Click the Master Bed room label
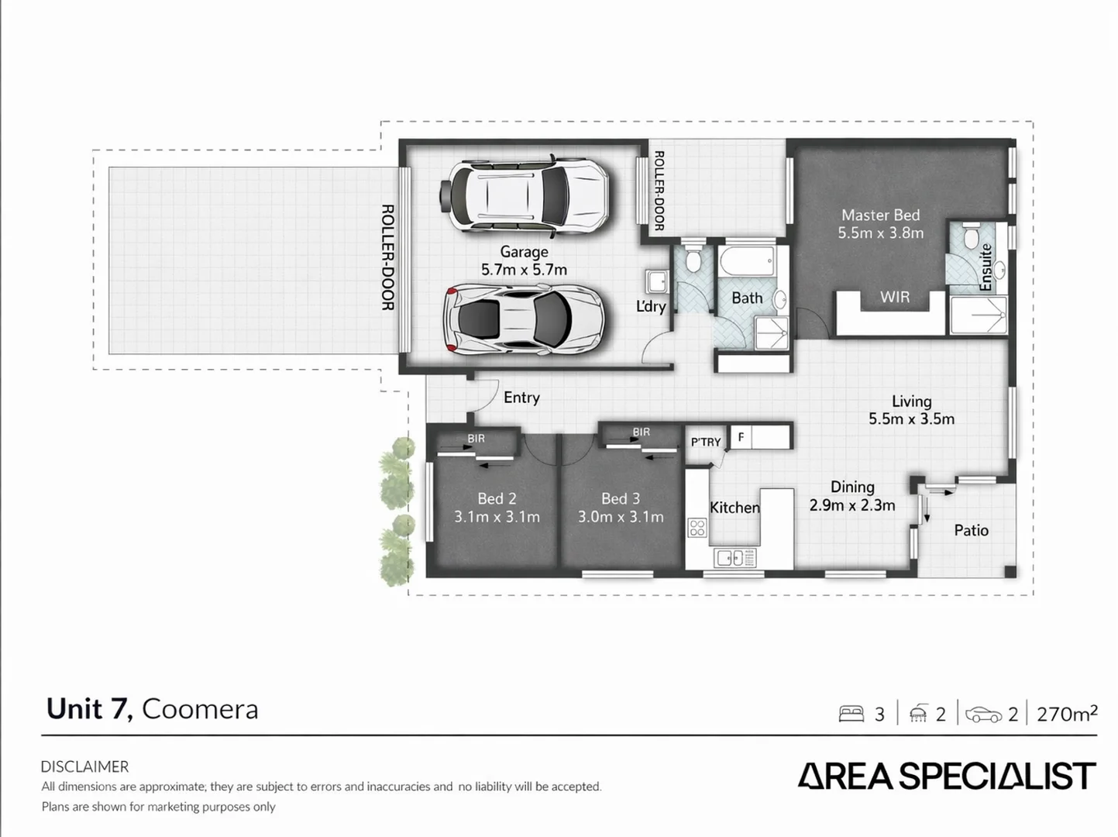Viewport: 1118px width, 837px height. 880,215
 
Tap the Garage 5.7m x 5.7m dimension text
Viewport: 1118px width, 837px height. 524,270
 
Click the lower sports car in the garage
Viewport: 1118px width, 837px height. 522,319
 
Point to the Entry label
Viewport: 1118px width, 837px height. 521,398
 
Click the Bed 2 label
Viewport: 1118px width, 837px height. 497,499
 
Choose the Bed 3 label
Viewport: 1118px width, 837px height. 621,499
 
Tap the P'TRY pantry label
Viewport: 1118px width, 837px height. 706,442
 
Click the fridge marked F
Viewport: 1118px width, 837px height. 741,437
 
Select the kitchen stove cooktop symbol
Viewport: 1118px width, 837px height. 697,528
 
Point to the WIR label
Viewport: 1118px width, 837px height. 894,297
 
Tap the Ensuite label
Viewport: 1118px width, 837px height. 986,267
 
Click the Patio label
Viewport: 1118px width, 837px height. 971,530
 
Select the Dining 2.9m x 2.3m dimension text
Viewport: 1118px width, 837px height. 852,505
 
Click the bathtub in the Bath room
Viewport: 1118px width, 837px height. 746,261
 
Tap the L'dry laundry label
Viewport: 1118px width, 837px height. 651,306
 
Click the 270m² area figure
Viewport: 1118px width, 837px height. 1066,714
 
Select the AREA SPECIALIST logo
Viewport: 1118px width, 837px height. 947,776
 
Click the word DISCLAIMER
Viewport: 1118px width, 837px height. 84,766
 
